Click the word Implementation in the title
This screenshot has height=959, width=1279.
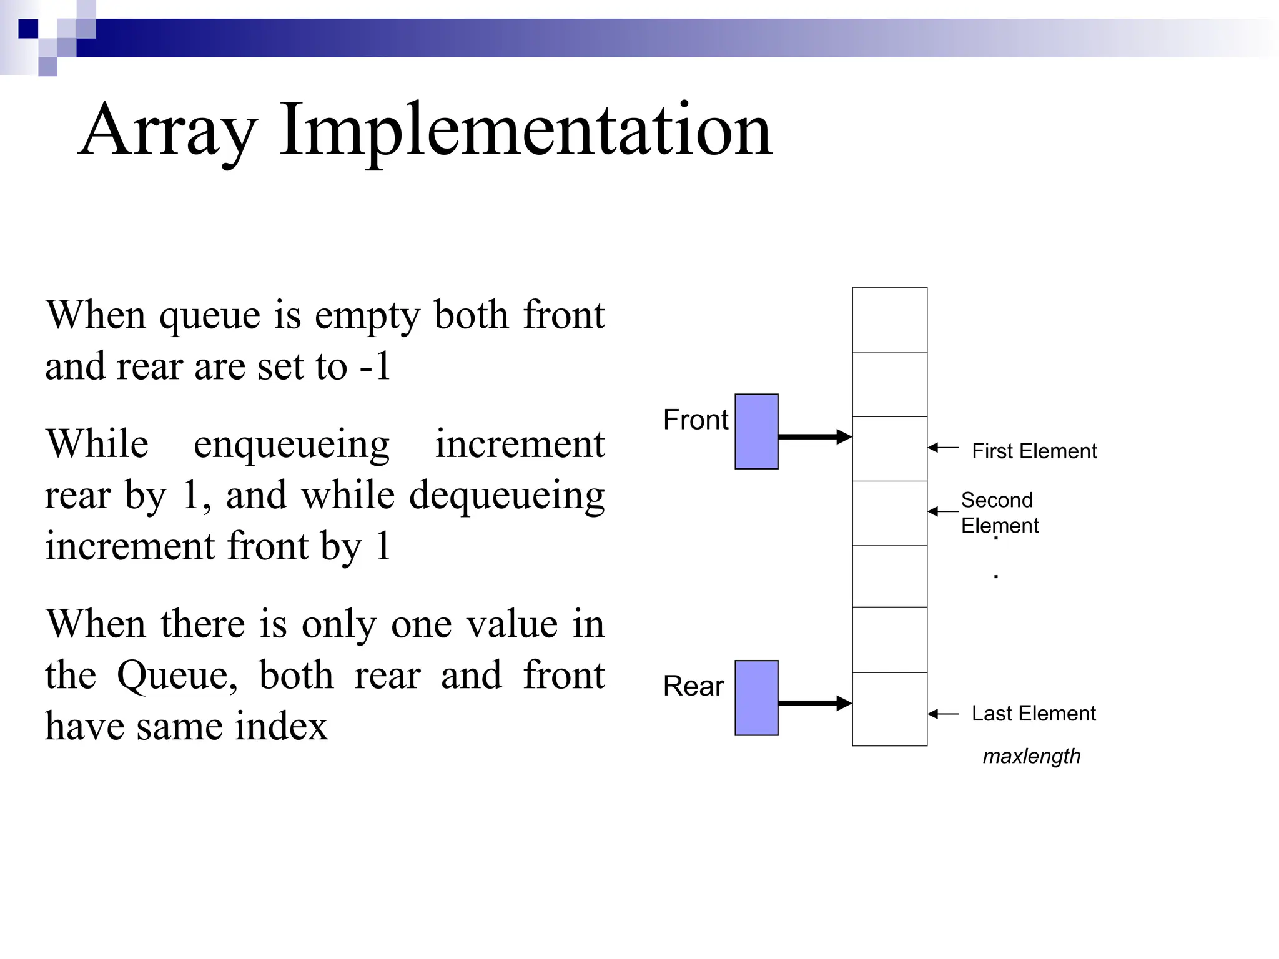[525, 131]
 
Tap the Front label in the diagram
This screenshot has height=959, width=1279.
[695, 420]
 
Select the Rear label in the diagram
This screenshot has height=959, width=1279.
[693, 686]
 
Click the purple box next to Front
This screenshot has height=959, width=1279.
[756, 431]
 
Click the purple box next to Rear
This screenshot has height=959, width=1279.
[756, 698]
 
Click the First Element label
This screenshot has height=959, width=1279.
[1034, 451]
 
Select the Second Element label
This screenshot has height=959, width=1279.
[999, 513]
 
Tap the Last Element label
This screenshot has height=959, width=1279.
[1034, 713]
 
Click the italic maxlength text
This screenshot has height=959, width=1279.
[1031, 756]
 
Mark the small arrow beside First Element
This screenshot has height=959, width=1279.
[943, 447]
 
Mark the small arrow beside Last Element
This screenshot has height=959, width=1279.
[943, 714]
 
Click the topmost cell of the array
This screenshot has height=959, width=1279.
[889, 320]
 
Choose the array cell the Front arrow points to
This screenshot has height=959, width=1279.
[889, 448]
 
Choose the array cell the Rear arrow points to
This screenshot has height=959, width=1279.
[889, 709]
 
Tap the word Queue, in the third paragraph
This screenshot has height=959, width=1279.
[177, 676]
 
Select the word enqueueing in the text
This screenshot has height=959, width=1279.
[291, 445]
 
